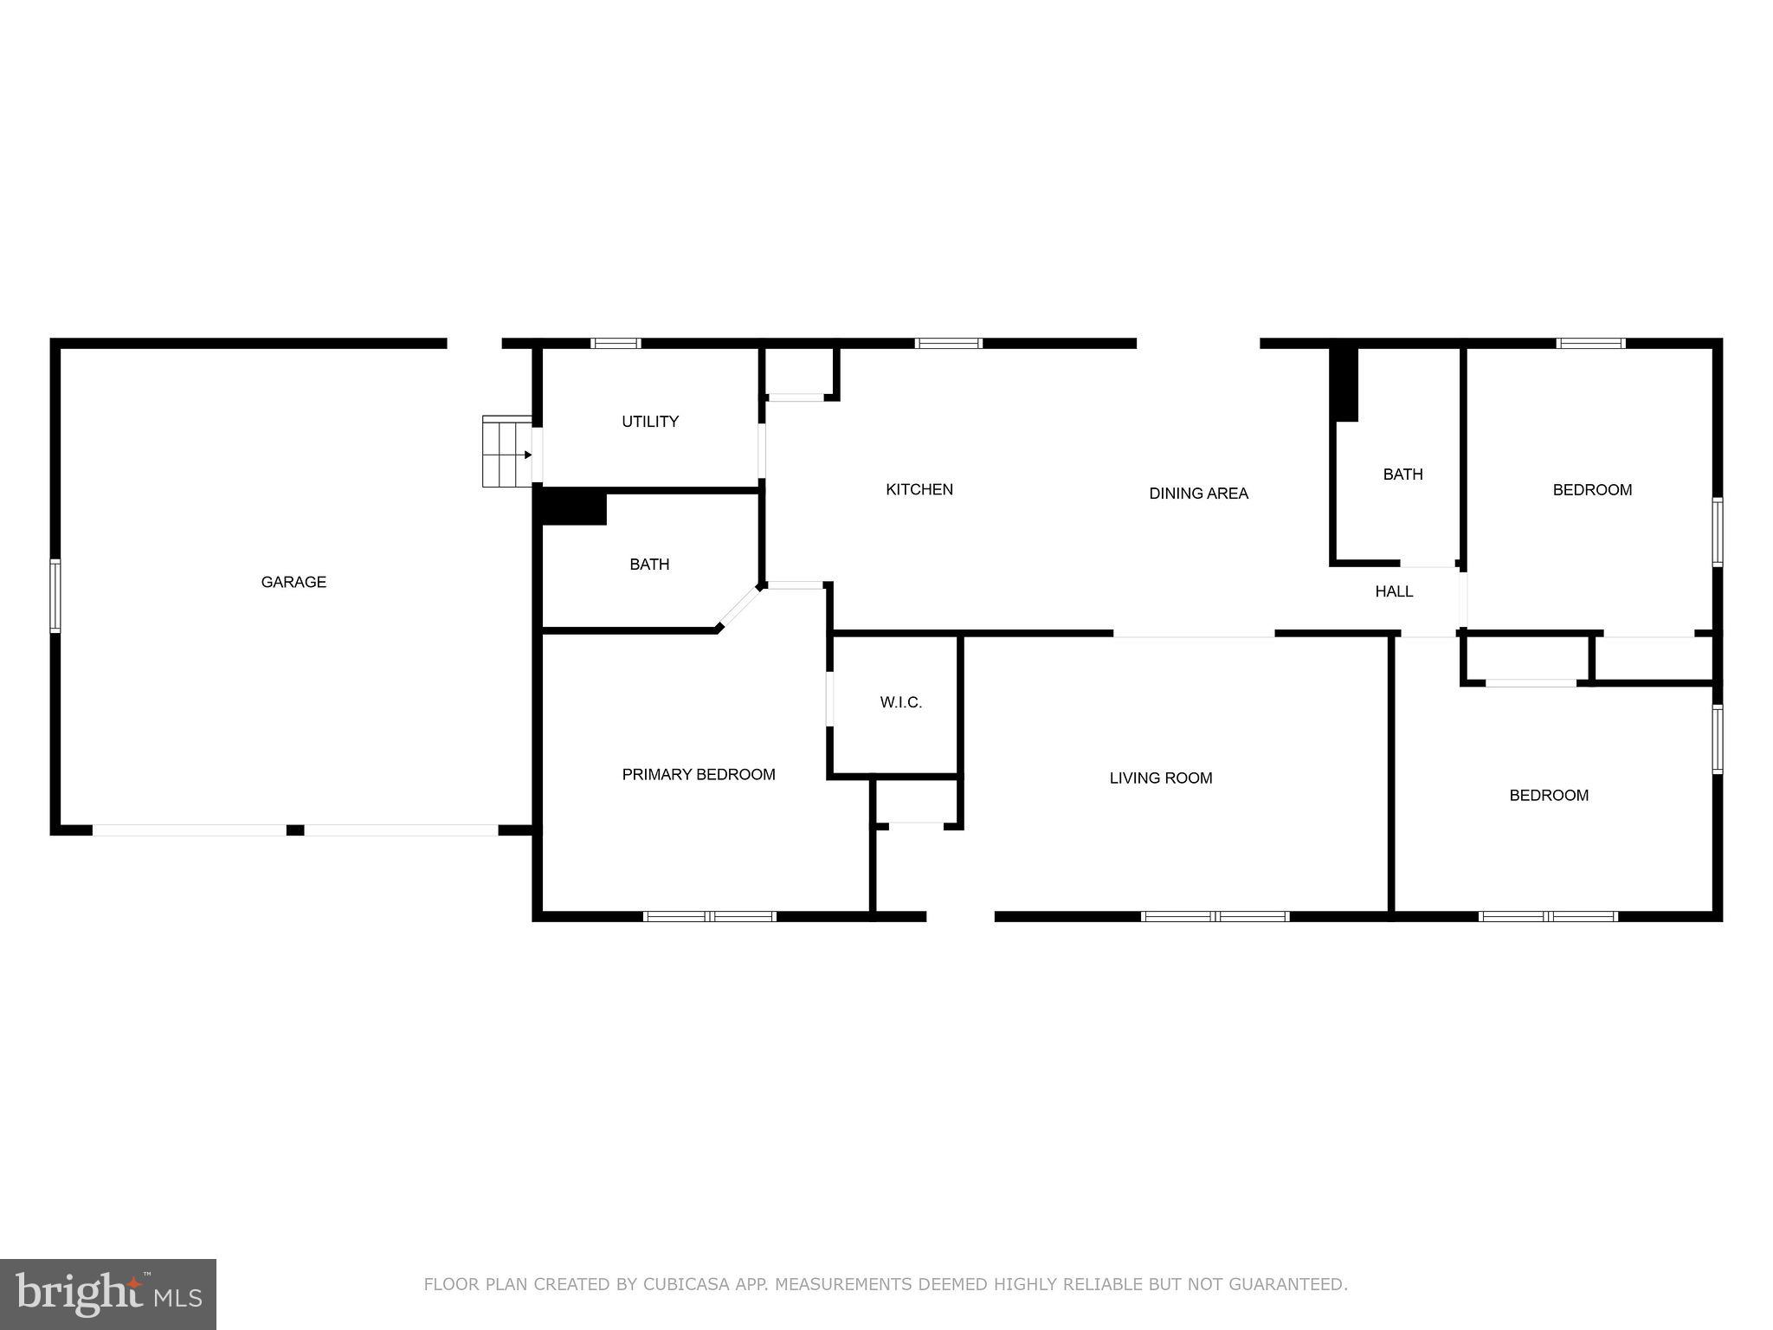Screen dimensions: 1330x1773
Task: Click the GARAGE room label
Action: pos(293,582)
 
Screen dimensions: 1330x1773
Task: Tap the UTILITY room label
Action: pos(650,422)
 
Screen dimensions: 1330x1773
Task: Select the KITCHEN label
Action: pos(919,489)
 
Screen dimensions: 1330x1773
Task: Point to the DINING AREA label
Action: pos(1198,494)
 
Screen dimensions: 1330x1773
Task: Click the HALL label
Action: pos(1394,591)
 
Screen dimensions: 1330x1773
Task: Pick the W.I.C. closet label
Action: pos(901,702)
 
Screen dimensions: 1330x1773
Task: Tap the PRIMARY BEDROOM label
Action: pos(699,774)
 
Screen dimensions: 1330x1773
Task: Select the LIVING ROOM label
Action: pos(1161,778)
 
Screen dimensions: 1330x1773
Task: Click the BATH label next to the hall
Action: pos(1402,475)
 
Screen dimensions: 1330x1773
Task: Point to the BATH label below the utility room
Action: pos(649,565)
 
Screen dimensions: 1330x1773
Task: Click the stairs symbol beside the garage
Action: pos(506,452)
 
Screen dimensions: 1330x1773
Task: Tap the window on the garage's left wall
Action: pos(55,595)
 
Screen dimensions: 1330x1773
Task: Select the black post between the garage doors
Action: pos(295,830)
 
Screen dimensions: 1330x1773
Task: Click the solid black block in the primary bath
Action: pos(573,507)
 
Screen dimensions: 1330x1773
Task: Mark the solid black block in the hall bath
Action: pos(1345,384)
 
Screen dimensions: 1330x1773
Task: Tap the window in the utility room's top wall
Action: pos(616,344)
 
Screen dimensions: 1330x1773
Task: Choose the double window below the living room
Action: pos(1215,916)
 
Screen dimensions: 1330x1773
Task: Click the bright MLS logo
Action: pos(108,1294)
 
